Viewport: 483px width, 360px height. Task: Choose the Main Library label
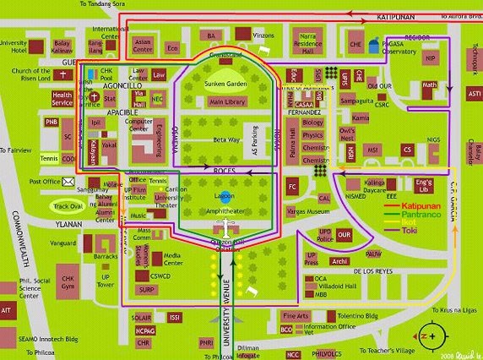point(226,101)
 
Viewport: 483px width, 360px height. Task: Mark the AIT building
point(8,311)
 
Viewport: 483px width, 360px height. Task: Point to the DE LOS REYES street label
point(373,271)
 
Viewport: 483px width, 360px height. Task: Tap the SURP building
point(146,289)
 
